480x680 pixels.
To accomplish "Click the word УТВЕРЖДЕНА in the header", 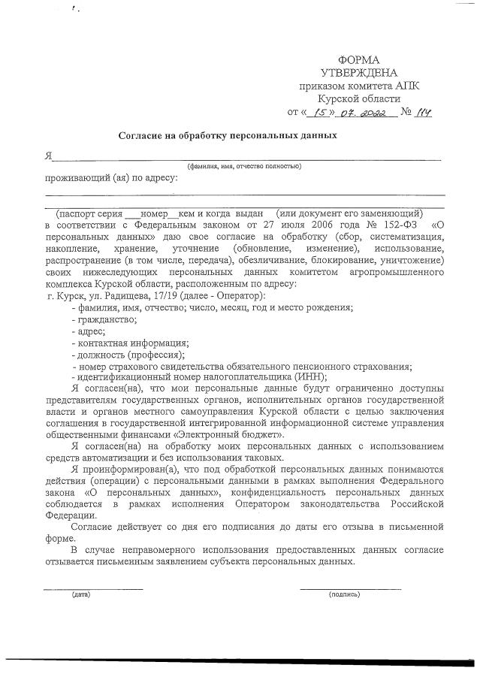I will click(x=358, y=73).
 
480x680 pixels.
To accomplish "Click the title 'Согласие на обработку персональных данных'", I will click(x=228, y=136).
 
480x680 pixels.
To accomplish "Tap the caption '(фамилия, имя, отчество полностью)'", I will click(x=244, y=165).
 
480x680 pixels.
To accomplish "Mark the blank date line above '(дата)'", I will click(x=92, y=587).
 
